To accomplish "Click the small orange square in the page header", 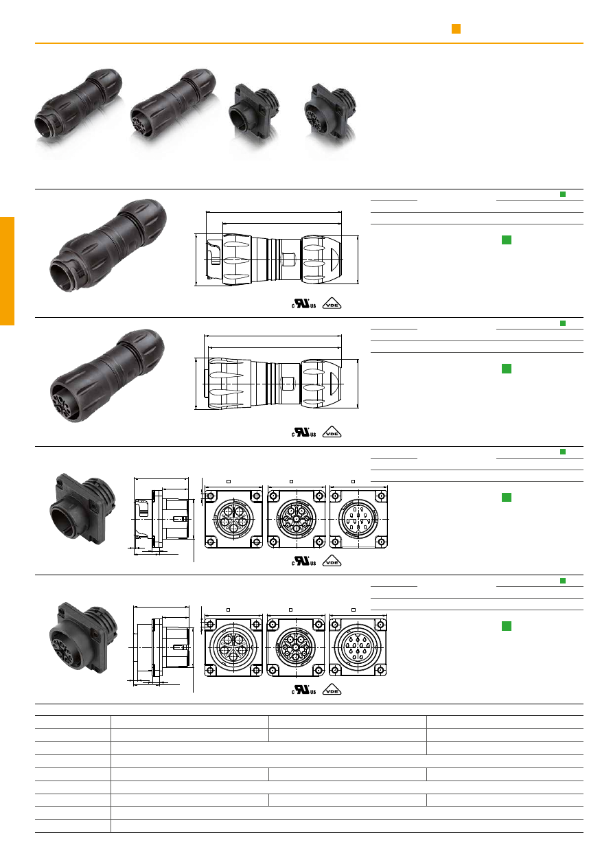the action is (456, 29).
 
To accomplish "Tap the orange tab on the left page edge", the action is (7, 271).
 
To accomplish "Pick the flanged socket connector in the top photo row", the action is (330, 113).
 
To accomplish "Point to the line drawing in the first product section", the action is (277, 248).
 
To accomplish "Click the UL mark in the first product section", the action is (304, 303).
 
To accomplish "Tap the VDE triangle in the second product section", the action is (332, 432).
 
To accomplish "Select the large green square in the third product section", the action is (506, 498).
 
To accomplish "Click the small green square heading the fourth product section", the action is (563, 581).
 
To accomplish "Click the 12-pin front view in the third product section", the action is (358, 519).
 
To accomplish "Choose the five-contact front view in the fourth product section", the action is (233, 647).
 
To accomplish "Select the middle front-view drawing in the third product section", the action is (296, 519).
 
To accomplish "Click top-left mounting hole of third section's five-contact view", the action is (211, 496).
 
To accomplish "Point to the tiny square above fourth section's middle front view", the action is (290, 610).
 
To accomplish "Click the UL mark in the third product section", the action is (304, 562).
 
